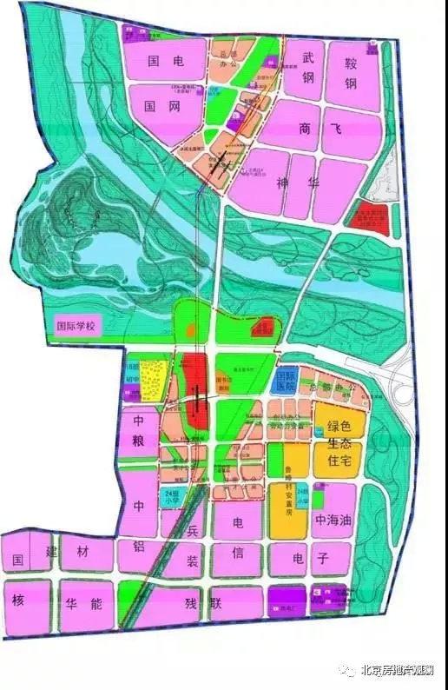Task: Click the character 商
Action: pos(304,129)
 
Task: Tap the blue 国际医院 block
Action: pos(285,380)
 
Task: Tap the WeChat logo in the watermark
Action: pos(349,670)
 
